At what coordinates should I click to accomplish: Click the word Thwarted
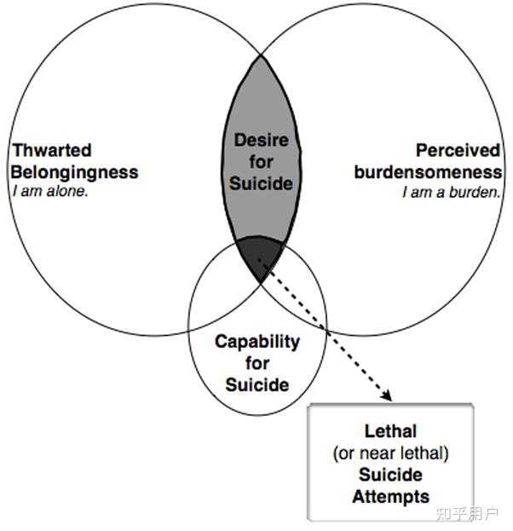pyautogui.click(x=52, y=150)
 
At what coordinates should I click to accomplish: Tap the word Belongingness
pyautogui.click(x=74, y=172)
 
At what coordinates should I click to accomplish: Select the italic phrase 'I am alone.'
pyautogui.click(x=50, y=191)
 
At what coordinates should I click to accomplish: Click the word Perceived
pyautogui.click(x=458, y=150)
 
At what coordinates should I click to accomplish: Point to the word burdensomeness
pyautogui.click(x=428, y=172)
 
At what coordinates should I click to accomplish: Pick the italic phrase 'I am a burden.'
pyautogui.click(x=452, y=193)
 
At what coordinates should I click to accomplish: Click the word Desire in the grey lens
pyautogui.click(x=261, y=140)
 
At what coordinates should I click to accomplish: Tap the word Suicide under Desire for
pyautogui.click(x=261, y=183)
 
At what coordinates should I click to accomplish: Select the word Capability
pyautogui.click(x=257, y=343)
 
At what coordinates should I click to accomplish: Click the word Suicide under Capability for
pyautogui.click(x=257, y=384)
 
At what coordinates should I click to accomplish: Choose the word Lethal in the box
pyautogui.click(x=390, y=431)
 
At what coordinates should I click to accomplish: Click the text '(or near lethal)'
pyautogui.click(x=391, y=453)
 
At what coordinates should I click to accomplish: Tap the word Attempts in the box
pyautogui.click(x=391, y=497)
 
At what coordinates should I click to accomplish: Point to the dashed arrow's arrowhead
pyautogui.click(x=387, y=395)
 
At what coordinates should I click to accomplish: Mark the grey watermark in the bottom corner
pyautogui.click(x=467, y=514)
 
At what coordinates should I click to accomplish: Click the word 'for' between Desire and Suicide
pyautogui.click(x=261, y=162)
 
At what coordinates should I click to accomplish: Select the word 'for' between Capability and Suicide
pyautogui.click(x=257, y=363)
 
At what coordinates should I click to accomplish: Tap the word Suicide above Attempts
pyautogui.click(x=391, y=475)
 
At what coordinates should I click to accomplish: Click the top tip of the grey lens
pyautogui.click(x=261, y=55)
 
